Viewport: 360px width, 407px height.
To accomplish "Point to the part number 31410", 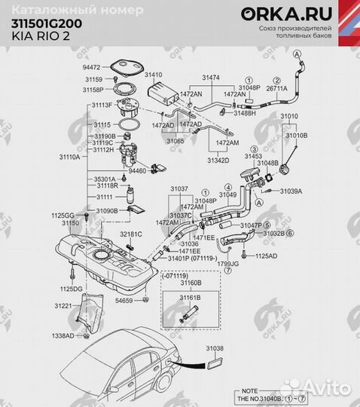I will coord(154,75).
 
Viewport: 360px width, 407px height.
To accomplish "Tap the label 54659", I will coord(124,301).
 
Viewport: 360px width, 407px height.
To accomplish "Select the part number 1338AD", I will coord(63,335).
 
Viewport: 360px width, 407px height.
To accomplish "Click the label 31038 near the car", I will coord(215,349).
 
